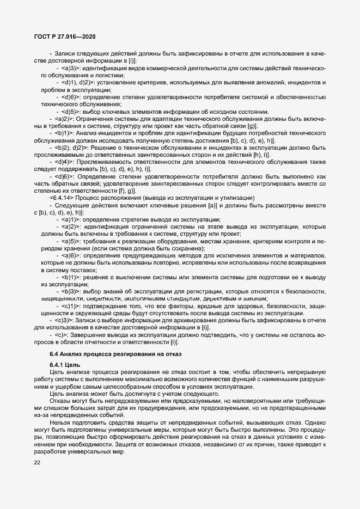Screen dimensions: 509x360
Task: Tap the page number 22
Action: pos(38,463)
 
